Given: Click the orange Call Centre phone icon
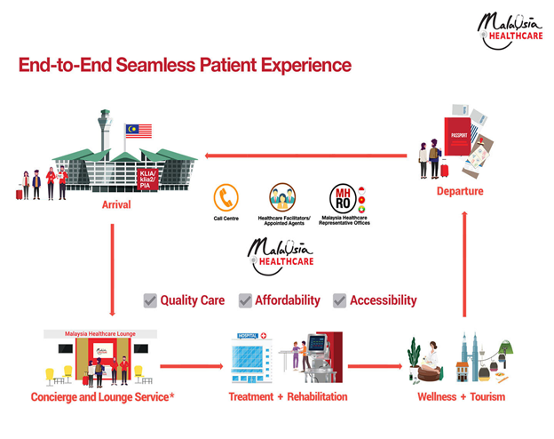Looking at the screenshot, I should click(x=227, y=196).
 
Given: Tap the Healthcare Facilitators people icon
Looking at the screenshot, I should click(x=283, y=196).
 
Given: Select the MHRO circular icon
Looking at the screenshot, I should click(x=342, y=196).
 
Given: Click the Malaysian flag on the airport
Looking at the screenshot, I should click(x=138, y=132).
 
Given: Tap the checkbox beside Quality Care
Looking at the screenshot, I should click(x=150, y=300).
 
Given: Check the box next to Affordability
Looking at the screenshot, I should click(x=246, y=300).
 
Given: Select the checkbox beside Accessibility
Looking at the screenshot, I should click(x=339, y=300).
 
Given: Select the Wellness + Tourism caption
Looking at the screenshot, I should click(x=462, y=396).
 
